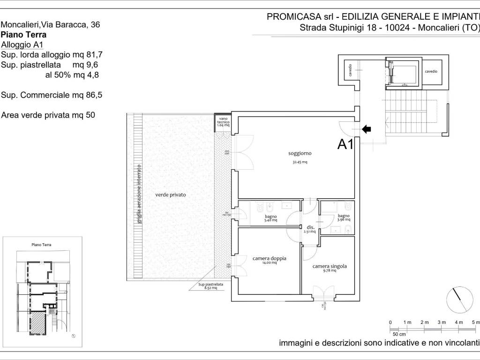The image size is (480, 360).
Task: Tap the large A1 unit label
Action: point(345,145)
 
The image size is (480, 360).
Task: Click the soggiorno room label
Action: point(300,153)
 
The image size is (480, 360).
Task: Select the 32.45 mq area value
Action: point(300,162)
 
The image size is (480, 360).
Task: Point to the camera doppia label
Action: point(269,258)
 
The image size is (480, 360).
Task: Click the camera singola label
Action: point(330,266)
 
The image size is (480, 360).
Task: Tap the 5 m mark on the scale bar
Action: point(475,322)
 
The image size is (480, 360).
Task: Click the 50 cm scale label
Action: point(399,334)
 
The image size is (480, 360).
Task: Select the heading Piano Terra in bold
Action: point(24,35)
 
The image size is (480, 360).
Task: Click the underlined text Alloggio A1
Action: point(22,45)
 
